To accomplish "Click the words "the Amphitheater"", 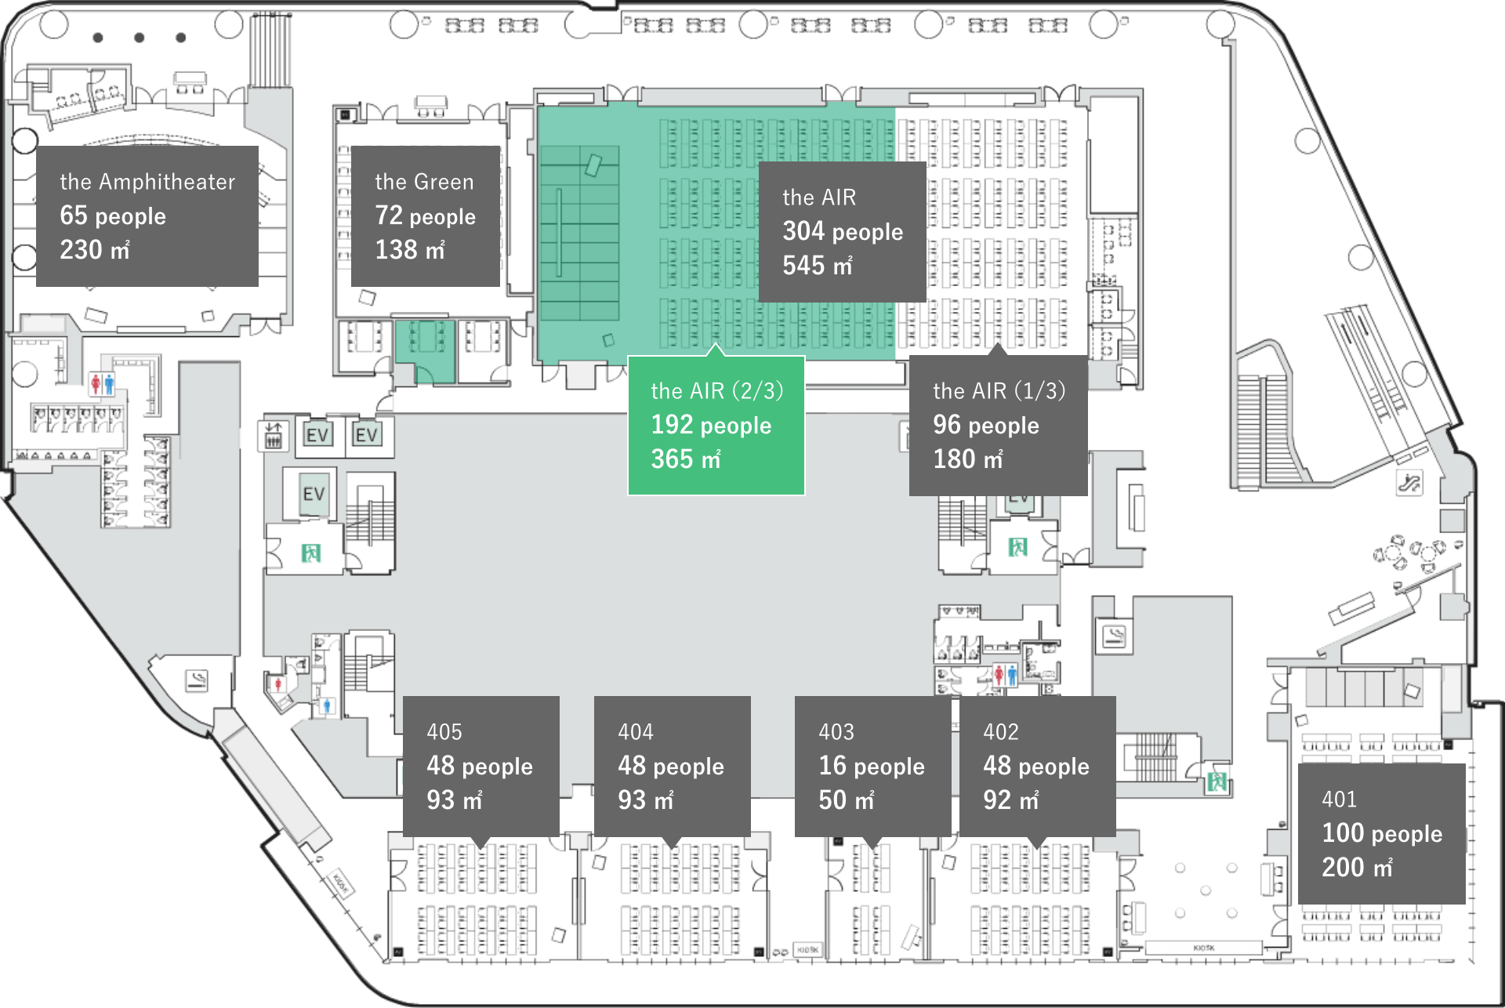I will click(x=147, y=182).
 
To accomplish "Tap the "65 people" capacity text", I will click(x=113, y=216).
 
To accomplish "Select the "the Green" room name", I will click(x=424, y=182).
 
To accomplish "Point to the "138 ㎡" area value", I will click(x=409, y=250).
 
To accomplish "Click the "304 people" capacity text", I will click(x=843, y=231).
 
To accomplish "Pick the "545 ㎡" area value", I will click(x=817, y=266).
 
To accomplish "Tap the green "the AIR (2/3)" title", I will click(x=716, y=390).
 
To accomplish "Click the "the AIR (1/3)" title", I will click(x=999, y=390).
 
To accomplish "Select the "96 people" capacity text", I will click(x=985, y=425).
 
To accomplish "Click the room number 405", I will click(x=444, y=732).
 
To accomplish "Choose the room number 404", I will click(x=636, y=732).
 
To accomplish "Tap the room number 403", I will click(x=836, y=732).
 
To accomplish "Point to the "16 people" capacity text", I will click(x=872, y=766).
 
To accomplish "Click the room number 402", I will click(x=1001, y=732).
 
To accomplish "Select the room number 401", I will click(x=1339, y=800).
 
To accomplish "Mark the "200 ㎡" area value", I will click(x=1357, y=868).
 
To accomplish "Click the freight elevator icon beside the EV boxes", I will click(x=273, y=435).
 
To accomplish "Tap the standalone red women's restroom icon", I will click(x=277, y=684).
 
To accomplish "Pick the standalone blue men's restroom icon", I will click(x=328, y=706).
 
